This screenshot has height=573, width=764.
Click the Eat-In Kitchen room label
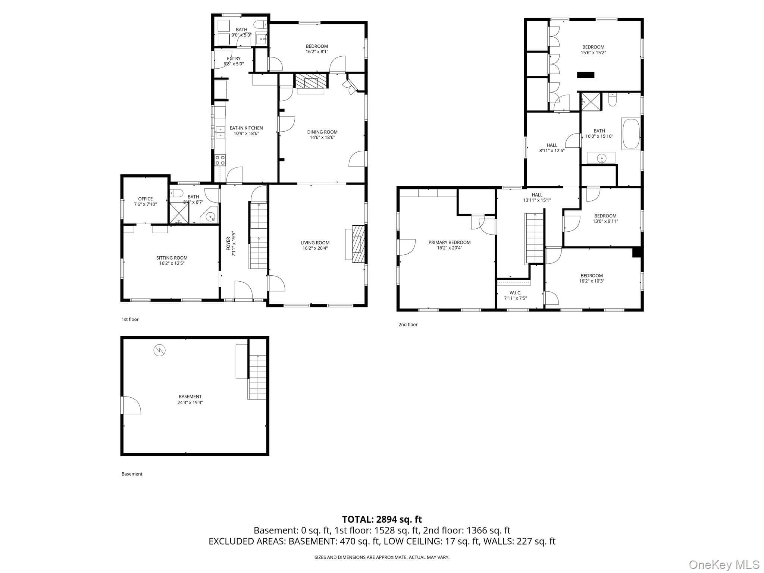(246, 128)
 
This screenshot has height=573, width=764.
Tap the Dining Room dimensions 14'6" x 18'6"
(322, 137)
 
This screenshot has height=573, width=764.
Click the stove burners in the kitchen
(220, 160)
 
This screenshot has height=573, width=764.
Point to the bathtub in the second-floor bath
(631, 134)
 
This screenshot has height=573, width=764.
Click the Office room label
(145, 199)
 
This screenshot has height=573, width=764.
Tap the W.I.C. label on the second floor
(516, 293)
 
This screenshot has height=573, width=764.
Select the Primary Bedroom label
(450, 242)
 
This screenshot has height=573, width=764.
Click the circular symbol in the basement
(159, 350)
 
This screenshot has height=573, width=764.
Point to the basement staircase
(258, 377)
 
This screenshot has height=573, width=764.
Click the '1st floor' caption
(130, 319)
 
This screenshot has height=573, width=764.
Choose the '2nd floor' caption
(408, 325)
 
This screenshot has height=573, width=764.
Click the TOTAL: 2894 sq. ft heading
(382, 519)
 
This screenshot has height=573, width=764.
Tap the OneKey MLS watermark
(724, 564)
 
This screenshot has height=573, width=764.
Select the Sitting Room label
(172, 258)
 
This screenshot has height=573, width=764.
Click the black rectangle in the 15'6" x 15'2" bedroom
(586, 75)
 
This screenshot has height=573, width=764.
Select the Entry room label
(234, 59)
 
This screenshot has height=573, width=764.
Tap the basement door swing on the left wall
(131, 405)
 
